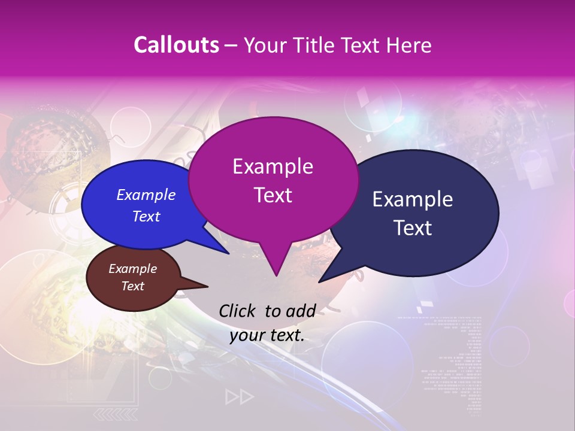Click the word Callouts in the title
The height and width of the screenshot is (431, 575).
coord(176,45)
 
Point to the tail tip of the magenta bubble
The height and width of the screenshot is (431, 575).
coord(276,275)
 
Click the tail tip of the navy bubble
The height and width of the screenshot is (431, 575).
coord(320,281)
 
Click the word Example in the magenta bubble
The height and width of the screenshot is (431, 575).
coord(273,166)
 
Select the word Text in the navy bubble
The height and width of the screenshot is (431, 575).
coord(413,228)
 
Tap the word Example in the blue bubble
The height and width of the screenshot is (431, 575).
coord(146,195)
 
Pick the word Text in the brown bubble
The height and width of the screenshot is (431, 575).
coord(133,286)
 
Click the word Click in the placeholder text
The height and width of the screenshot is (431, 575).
coord(238,311)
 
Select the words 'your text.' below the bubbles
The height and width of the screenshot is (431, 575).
coord(267,335)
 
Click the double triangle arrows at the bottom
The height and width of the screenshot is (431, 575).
coord(239,397)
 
